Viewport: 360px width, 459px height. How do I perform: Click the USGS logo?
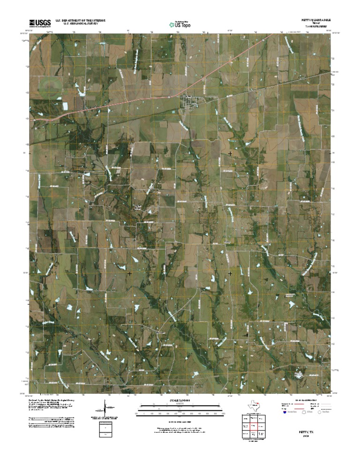[40, 22]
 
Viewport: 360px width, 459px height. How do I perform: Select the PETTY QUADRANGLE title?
[315, 21]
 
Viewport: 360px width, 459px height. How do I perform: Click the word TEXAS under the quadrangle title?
[315, 24]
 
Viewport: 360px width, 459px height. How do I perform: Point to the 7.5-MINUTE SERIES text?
[315, 27]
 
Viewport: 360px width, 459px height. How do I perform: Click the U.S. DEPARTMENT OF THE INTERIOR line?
[80, 21]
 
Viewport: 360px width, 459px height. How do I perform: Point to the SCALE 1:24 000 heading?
[180, 400]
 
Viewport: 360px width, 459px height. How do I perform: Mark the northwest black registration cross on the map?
[129, 153]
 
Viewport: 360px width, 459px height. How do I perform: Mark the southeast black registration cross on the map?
[230, 273]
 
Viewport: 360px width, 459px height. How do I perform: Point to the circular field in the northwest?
[49, 85]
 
